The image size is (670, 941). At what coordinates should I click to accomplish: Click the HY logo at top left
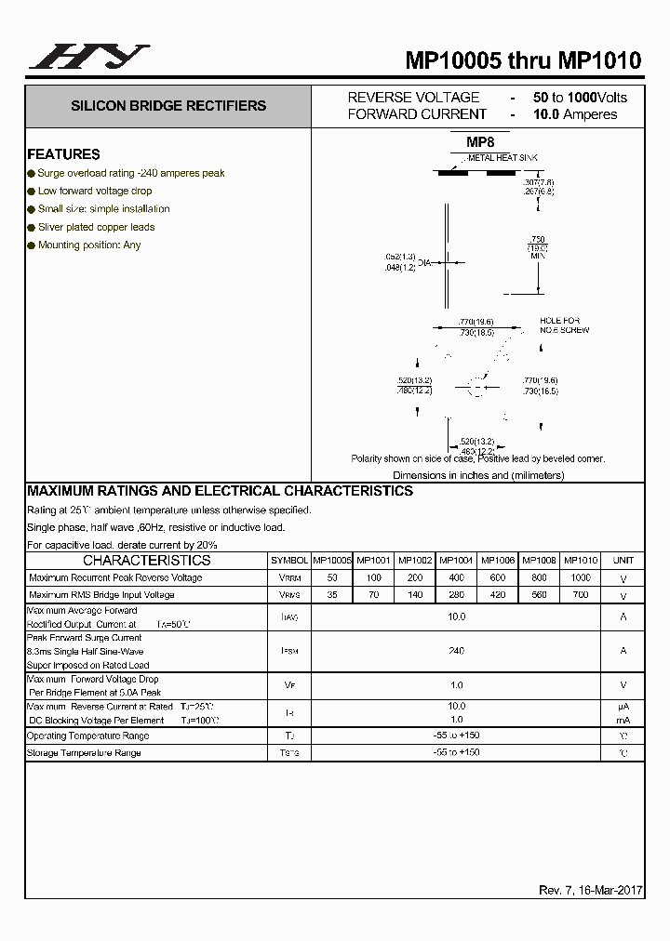[x=88, y=57]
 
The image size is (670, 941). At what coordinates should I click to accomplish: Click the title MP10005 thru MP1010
[x=523, y=60]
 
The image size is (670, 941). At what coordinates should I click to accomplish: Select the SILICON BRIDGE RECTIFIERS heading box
[x=168, y=106]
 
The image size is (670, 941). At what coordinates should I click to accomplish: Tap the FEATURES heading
[x=63, y=154]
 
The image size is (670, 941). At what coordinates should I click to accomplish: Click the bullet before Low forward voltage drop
[x=32, y=191]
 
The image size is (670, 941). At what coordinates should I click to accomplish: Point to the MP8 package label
[x=480, y=142]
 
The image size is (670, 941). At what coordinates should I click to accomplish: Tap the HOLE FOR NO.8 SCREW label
[x=564, y=325]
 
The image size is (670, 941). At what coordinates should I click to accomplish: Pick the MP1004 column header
[x=456, y=561]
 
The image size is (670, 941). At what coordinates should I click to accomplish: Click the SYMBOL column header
[x=289, y=561]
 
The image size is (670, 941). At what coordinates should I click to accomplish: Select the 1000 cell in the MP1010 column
[x=581, y=577]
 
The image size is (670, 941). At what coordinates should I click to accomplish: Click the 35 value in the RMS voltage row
[x=332, y=594]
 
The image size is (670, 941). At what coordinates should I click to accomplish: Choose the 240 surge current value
[x=456, y=651]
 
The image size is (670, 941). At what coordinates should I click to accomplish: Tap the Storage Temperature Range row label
[x=84, y=752]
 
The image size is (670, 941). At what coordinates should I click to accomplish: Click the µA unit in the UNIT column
[x=623, y=707]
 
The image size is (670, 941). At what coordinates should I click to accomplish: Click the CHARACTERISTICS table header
[x=147, y=561]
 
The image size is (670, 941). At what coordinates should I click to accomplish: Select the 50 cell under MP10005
[x=332, y=577]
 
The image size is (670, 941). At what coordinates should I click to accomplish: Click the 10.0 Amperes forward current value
[x=575, y=114]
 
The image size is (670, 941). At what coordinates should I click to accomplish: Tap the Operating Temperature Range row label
[x=87, y=736]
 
